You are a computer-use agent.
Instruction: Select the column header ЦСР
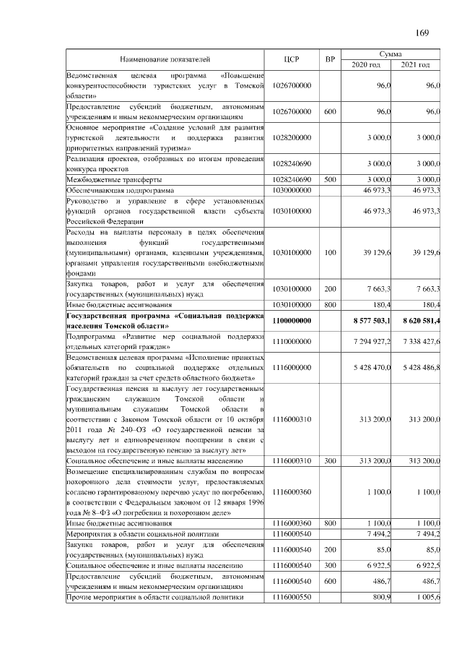(292, 59)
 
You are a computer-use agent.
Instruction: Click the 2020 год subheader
(365, 65)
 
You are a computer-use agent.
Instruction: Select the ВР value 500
(330, 178)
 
